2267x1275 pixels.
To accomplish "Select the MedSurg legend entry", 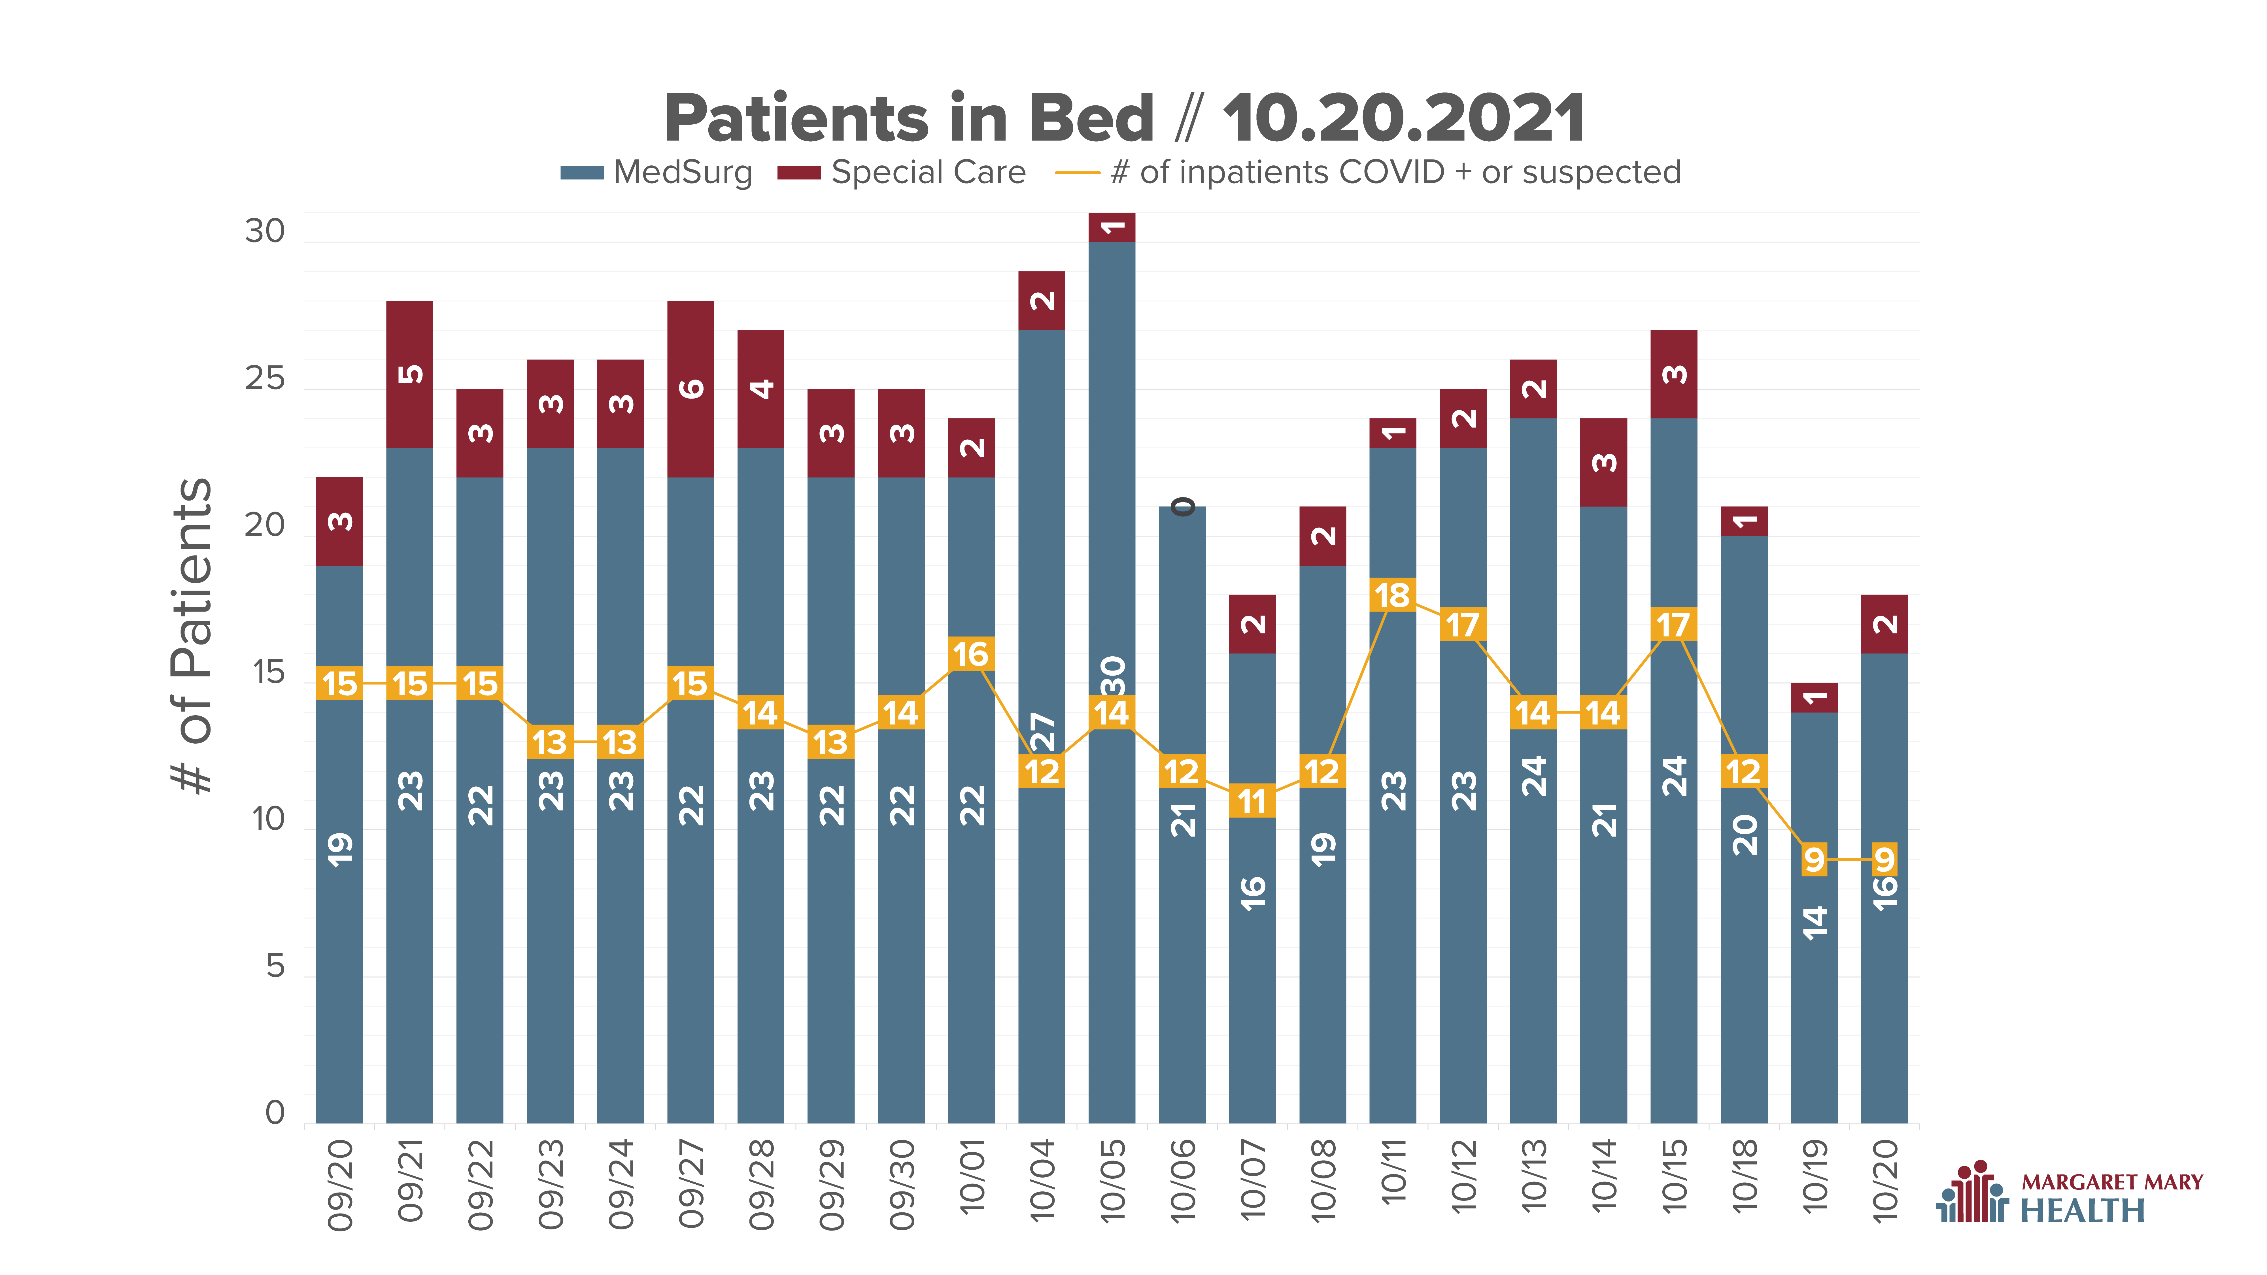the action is click(x=656, y=173).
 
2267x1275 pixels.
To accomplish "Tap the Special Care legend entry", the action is click(x=901, y=173).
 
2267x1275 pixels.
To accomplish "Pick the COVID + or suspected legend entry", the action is click(x=1368, y=173).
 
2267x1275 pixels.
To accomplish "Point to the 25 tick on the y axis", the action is click(x=265, y=379).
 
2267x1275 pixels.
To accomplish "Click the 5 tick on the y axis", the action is click(x=275, y=967).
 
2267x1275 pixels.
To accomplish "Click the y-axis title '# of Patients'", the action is click(x=192, y=635).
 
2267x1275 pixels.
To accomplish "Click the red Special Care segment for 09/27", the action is click(x=691, y=389).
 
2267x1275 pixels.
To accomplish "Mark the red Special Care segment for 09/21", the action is click(x=409, y=374).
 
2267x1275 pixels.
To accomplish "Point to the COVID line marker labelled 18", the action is click(x=1392, y=595).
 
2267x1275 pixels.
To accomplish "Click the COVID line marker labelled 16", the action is click(x=971, y=654).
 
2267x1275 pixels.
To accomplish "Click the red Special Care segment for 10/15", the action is click(x=1674, y=374).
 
